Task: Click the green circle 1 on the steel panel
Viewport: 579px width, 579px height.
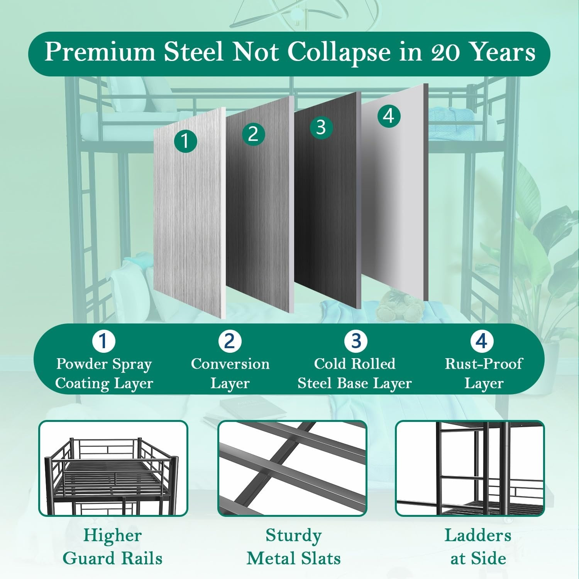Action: (185, 141)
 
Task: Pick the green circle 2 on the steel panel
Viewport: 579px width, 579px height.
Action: (253, 134)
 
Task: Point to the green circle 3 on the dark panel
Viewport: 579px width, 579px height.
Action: (321, 128)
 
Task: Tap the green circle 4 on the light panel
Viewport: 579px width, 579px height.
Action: (389, 116)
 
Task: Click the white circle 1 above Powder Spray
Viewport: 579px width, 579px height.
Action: (104, 341)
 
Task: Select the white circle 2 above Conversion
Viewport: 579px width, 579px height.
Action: (230, 341)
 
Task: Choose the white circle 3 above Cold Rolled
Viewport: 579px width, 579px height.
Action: (356, 341)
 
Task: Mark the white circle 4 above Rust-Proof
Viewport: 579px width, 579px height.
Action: (482, 341)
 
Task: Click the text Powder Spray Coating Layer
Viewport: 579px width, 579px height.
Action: (104, 374)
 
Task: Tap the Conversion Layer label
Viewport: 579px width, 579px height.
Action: (230, 374)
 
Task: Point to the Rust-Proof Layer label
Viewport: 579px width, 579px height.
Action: (484, 374)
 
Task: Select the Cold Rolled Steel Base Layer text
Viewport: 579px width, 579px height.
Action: (355, 374)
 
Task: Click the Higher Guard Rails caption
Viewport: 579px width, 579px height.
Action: (112, 547)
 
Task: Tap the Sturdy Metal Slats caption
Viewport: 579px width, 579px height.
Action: (293, 547)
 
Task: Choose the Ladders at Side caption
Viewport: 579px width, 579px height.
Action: (478, 547)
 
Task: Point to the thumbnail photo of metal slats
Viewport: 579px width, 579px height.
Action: (292, 468)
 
